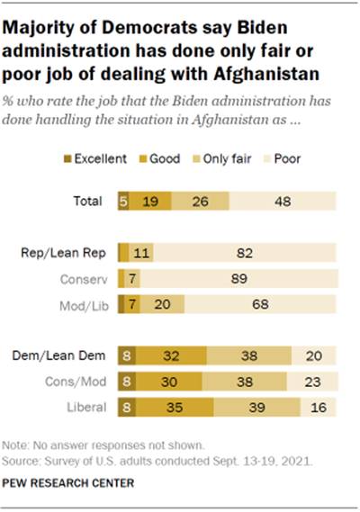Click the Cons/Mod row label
[x=79, y=381]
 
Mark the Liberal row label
[x=87, y=406]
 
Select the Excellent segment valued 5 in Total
[x=123, y=201]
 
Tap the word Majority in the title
[x=44, y=28]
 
